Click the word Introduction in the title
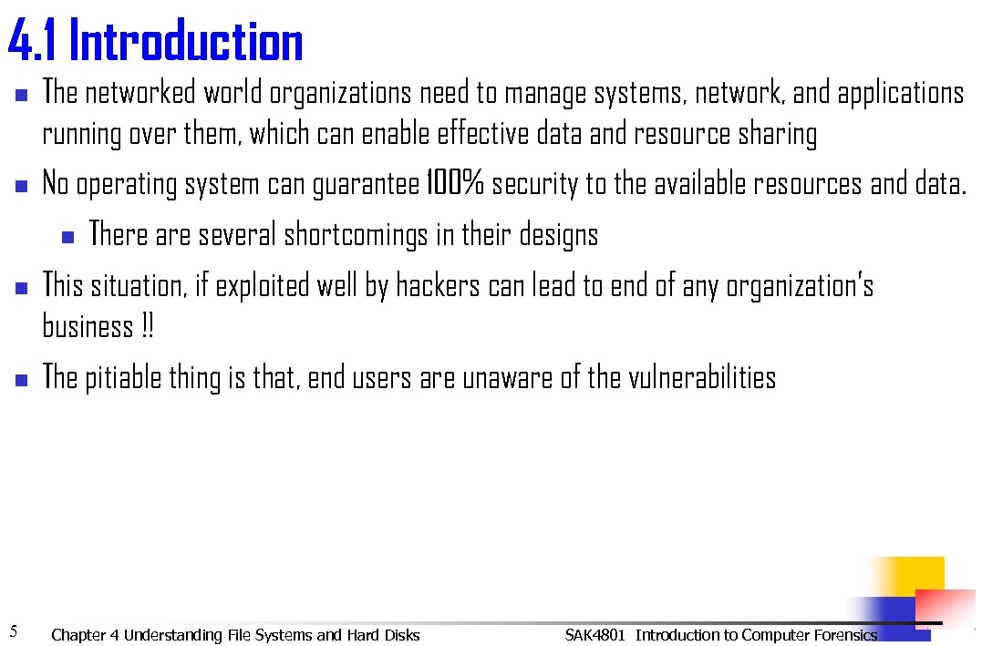pos(185,42)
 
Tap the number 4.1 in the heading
pos(34,42)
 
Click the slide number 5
pos(14,631)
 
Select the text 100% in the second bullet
pos(455,185)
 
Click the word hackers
pos(438,286)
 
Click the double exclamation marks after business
pos(148,326)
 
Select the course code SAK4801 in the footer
pos(594,635)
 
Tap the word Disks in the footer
pos(402,635)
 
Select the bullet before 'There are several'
pos(67,237)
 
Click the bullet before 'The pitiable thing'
pos(22,379)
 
